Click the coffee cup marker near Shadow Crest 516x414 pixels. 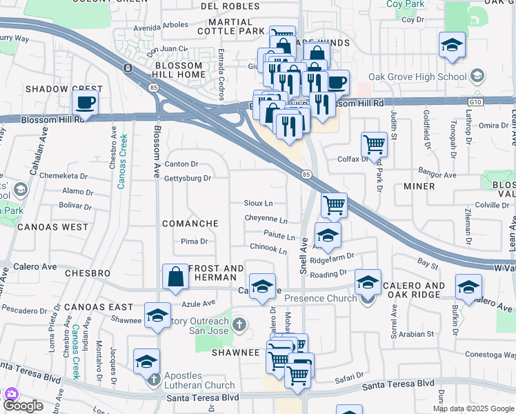coord(86,103)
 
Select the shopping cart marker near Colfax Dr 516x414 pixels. coord(374,144)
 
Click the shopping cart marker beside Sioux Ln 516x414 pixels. coord(334,204)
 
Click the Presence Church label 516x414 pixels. coord(321,298)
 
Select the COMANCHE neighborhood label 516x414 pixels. coord(190,224)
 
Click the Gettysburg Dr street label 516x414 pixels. coord(187,179)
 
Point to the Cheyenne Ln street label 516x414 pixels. coord(266,219)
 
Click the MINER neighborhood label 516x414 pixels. coord(419,186)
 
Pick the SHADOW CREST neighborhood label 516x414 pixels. coord(63,89)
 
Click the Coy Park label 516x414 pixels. coord(404,4)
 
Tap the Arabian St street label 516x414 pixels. coord(415,334)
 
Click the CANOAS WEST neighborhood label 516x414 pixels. coord(53,226)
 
